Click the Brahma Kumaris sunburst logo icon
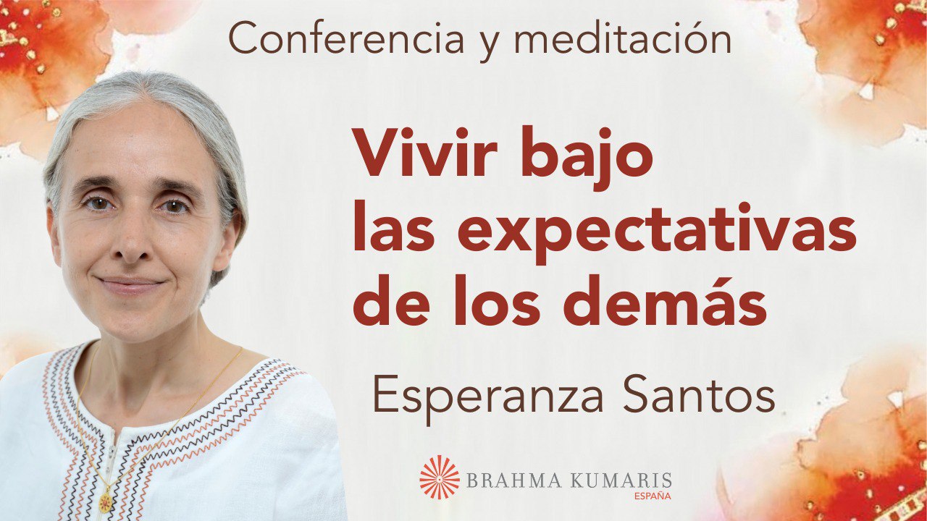pyautogui.click(x=440, y=478)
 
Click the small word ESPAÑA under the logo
pyautogui.click(x=652, y=496)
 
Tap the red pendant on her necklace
pyautogui.click(x=106, y=500)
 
